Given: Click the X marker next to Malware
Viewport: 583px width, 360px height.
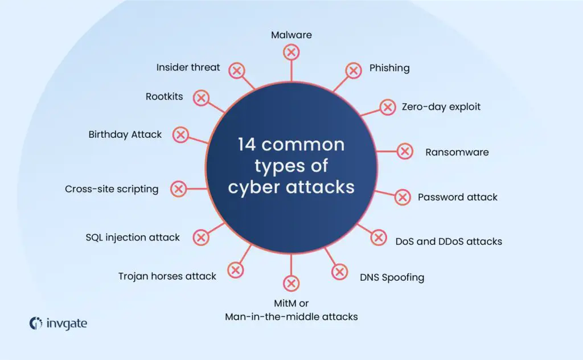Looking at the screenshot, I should click(x=291, y=52).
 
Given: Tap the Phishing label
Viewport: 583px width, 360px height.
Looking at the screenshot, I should click(x=389, y=68).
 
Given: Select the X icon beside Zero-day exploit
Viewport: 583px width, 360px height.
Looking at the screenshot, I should click(x=387, y=107).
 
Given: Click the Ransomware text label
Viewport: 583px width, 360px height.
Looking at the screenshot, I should click(x=457, y=152).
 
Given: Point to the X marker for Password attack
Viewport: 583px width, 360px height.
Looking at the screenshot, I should click(x=403, y=197).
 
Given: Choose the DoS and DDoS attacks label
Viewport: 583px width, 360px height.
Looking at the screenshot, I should click(x=449, y=241).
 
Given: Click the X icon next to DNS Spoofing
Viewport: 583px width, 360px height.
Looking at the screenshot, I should click(x=339, y=272).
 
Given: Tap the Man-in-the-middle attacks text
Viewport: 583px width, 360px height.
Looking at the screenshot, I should click(x=291, y=316).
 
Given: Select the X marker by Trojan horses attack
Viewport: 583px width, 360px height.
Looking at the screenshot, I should click(x=235, y=270).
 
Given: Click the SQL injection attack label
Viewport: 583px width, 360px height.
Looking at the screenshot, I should click(x=133, y=237).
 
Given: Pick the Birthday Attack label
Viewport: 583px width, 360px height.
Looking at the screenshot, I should click(x=125, y=134).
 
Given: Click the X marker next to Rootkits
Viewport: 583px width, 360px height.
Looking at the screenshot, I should click(x=200, y=97).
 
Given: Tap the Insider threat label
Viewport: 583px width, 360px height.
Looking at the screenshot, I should click(x=188, y=67).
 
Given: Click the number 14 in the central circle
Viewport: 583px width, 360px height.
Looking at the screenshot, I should click(x=248, y=145).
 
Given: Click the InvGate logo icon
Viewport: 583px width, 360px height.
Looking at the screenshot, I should click(x=36, y=323).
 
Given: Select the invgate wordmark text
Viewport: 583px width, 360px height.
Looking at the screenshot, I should click(x=65, y=324).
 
